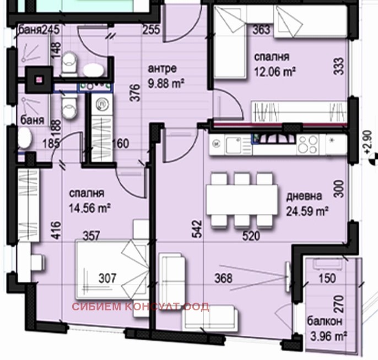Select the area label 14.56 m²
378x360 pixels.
[90, 208]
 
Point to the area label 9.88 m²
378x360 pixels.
[166, 83]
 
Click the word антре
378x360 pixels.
[163, 69]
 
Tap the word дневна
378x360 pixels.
[301, 196]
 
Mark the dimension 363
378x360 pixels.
[262, 30]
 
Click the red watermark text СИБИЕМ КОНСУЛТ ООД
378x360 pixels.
[140, 307]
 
